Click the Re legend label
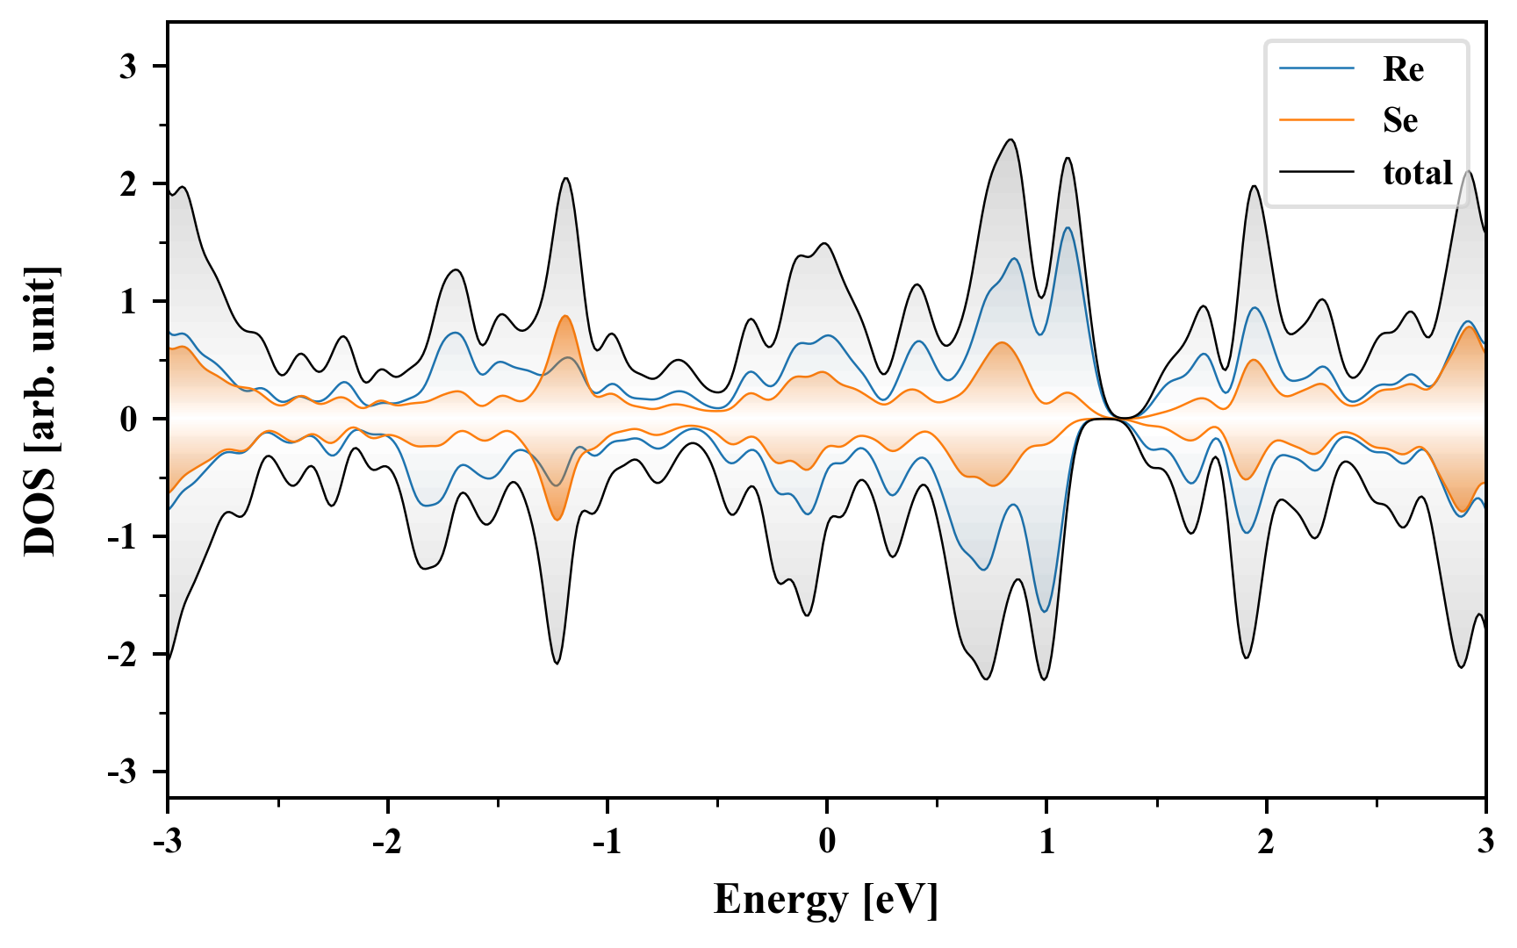pos(1402,69)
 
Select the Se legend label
pos(1399,120)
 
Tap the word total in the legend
pos(1417,172)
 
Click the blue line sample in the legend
pos(1317,68)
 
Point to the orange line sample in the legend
pos(1317,119)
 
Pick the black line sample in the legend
pos(1317,172)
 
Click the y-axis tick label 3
pos(129,67)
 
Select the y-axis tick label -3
pos(123,772)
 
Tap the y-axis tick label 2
pos(129,184)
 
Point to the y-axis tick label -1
pos(123,537)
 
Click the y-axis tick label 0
pos(129,420)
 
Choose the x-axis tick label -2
pos(387,842)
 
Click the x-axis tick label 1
pos(1046,842)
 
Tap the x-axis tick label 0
pos(827,842)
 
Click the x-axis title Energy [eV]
pos(826,899)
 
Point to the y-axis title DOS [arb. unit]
pos(40,411)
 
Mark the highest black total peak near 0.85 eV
pos(1011,140)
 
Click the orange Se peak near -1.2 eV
pos(565,316)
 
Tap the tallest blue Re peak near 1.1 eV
pos(1068,227)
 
